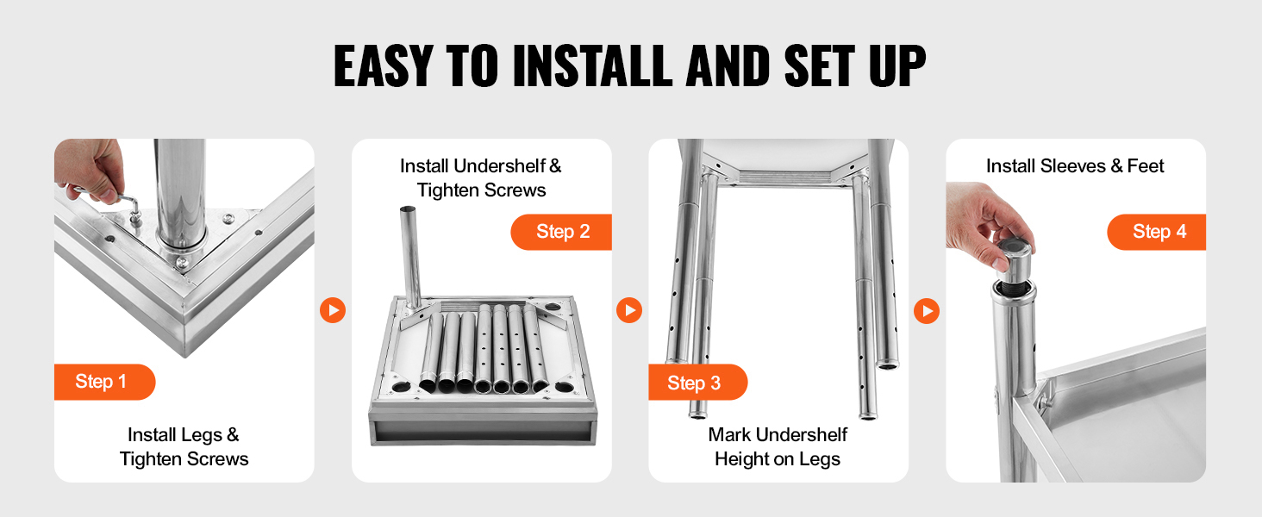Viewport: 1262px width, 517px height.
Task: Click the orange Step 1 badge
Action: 104,382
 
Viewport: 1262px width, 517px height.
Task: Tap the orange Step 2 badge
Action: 561,232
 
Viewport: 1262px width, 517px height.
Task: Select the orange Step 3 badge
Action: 697,383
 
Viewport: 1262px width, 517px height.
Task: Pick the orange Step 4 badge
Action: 1157,232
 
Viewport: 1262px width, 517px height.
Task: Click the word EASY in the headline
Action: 384,65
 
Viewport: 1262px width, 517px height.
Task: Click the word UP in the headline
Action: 897,65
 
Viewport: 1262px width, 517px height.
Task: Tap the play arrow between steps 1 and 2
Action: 333,310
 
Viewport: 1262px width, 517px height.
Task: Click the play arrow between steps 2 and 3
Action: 629,310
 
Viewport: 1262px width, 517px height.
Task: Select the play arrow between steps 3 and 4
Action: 927,311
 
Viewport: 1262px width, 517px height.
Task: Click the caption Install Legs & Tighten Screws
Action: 184,446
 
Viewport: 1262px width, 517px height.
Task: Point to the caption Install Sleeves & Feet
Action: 1075,166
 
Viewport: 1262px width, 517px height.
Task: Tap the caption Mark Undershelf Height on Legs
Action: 778,446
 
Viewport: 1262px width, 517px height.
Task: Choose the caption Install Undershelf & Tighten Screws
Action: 481,178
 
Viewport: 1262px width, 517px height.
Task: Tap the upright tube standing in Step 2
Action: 409,257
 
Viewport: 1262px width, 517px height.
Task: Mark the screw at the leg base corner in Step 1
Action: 181,262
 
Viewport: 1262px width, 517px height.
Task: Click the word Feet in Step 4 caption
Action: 1146,166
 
